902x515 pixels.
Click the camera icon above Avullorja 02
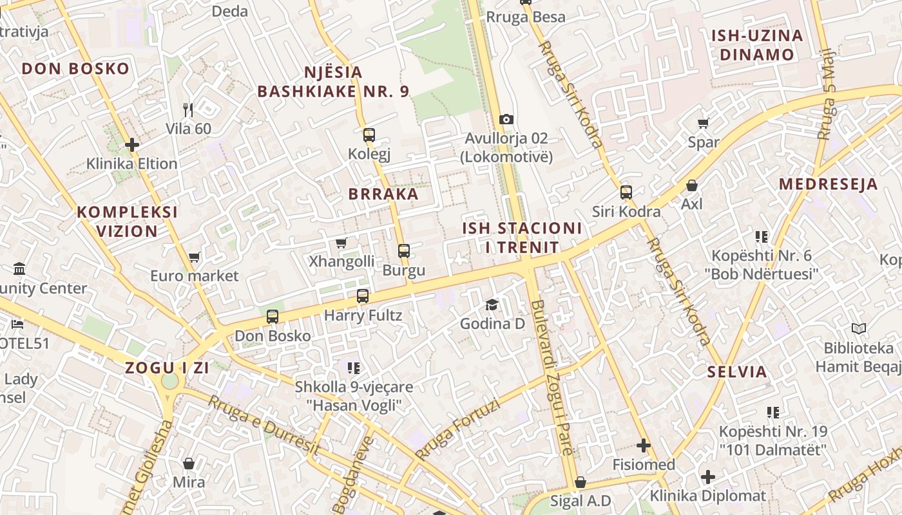506,119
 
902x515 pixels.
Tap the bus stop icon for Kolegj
369,135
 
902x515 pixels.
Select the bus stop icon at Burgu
404,251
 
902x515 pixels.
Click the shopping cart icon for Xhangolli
341,243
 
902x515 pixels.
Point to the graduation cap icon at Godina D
492,304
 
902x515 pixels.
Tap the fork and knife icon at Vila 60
188,109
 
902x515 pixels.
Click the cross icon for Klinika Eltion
132,145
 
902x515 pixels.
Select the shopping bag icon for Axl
692,185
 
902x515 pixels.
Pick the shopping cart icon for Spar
704,123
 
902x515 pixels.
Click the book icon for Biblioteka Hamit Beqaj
858,329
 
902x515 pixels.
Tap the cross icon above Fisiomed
644,445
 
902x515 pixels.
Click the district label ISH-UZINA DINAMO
757,45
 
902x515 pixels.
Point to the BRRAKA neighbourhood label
383,194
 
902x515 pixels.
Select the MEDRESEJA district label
828,184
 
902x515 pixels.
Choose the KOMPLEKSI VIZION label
127,221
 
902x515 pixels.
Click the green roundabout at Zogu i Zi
169,381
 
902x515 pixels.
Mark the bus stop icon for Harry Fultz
363,296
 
